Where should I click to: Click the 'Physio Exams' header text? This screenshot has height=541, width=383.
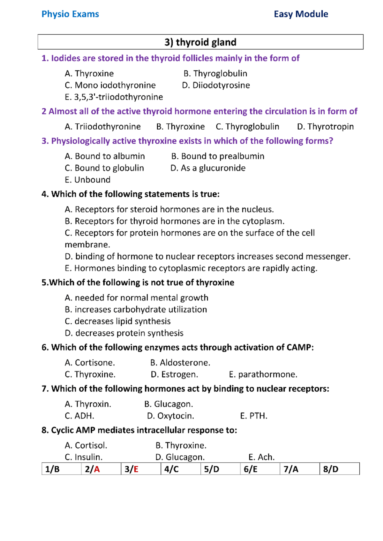(70, 14)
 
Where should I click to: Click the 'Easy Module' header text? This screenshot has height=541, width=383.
(301, 14)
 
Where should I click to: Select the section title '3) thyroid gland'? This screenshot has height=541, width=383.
(200, 42)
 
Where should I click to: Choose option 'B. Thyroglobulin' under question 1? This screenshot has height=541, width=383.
(215, 74)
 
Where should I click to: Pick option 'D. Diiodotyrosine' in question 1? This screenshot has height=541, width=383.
(216, 85)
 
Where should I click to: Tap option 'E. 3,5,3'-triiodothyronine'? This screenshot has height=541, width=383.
(114, 97)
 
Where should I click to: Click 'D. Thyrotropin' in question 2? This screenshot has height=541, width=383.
(325, 127)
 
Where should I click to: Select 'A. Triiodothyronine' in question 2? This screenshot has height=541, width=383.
(102, 127)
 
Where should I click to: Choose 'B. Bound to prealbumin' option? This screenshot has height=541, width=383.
(218, 156)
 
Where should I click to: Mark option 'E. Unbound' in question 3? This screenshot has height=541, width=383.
(87, 180)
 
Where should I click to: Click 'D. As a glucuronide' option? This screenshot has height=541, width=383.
(208, 168)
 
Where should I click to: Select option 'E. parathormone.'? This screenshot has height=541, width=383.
(263, 374)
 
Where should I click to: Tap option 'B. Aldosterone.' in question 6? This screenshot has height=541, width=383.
(180, 363)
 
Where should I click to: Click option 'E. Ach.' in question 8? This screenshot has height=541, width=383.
(261, 457)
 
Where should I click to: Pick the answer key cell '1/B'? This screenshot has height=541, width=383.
(53, 469)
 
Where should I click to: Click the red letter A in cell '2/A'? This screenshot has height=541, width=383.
(97, 469)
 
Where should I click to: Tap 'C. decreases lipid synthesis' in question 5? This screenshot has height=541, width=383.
(117, 321)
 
